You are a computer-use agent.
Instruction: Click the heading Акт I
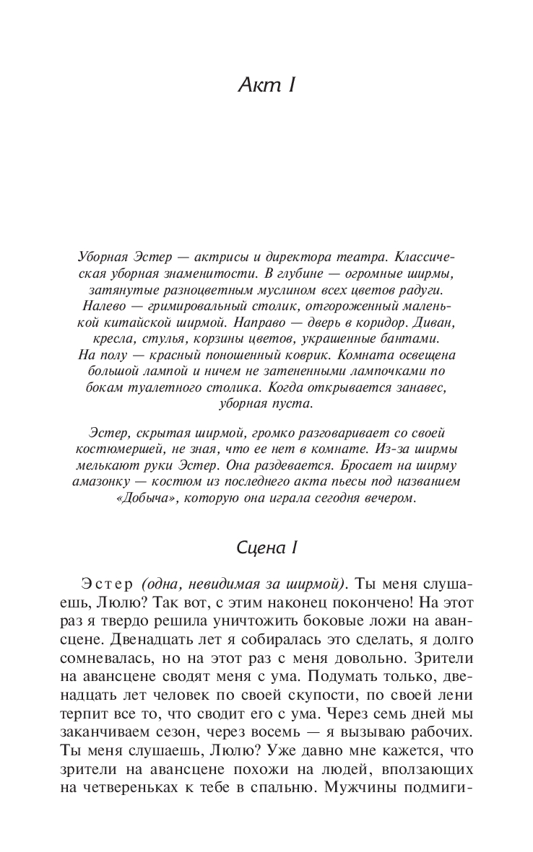tap(266, 85)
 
